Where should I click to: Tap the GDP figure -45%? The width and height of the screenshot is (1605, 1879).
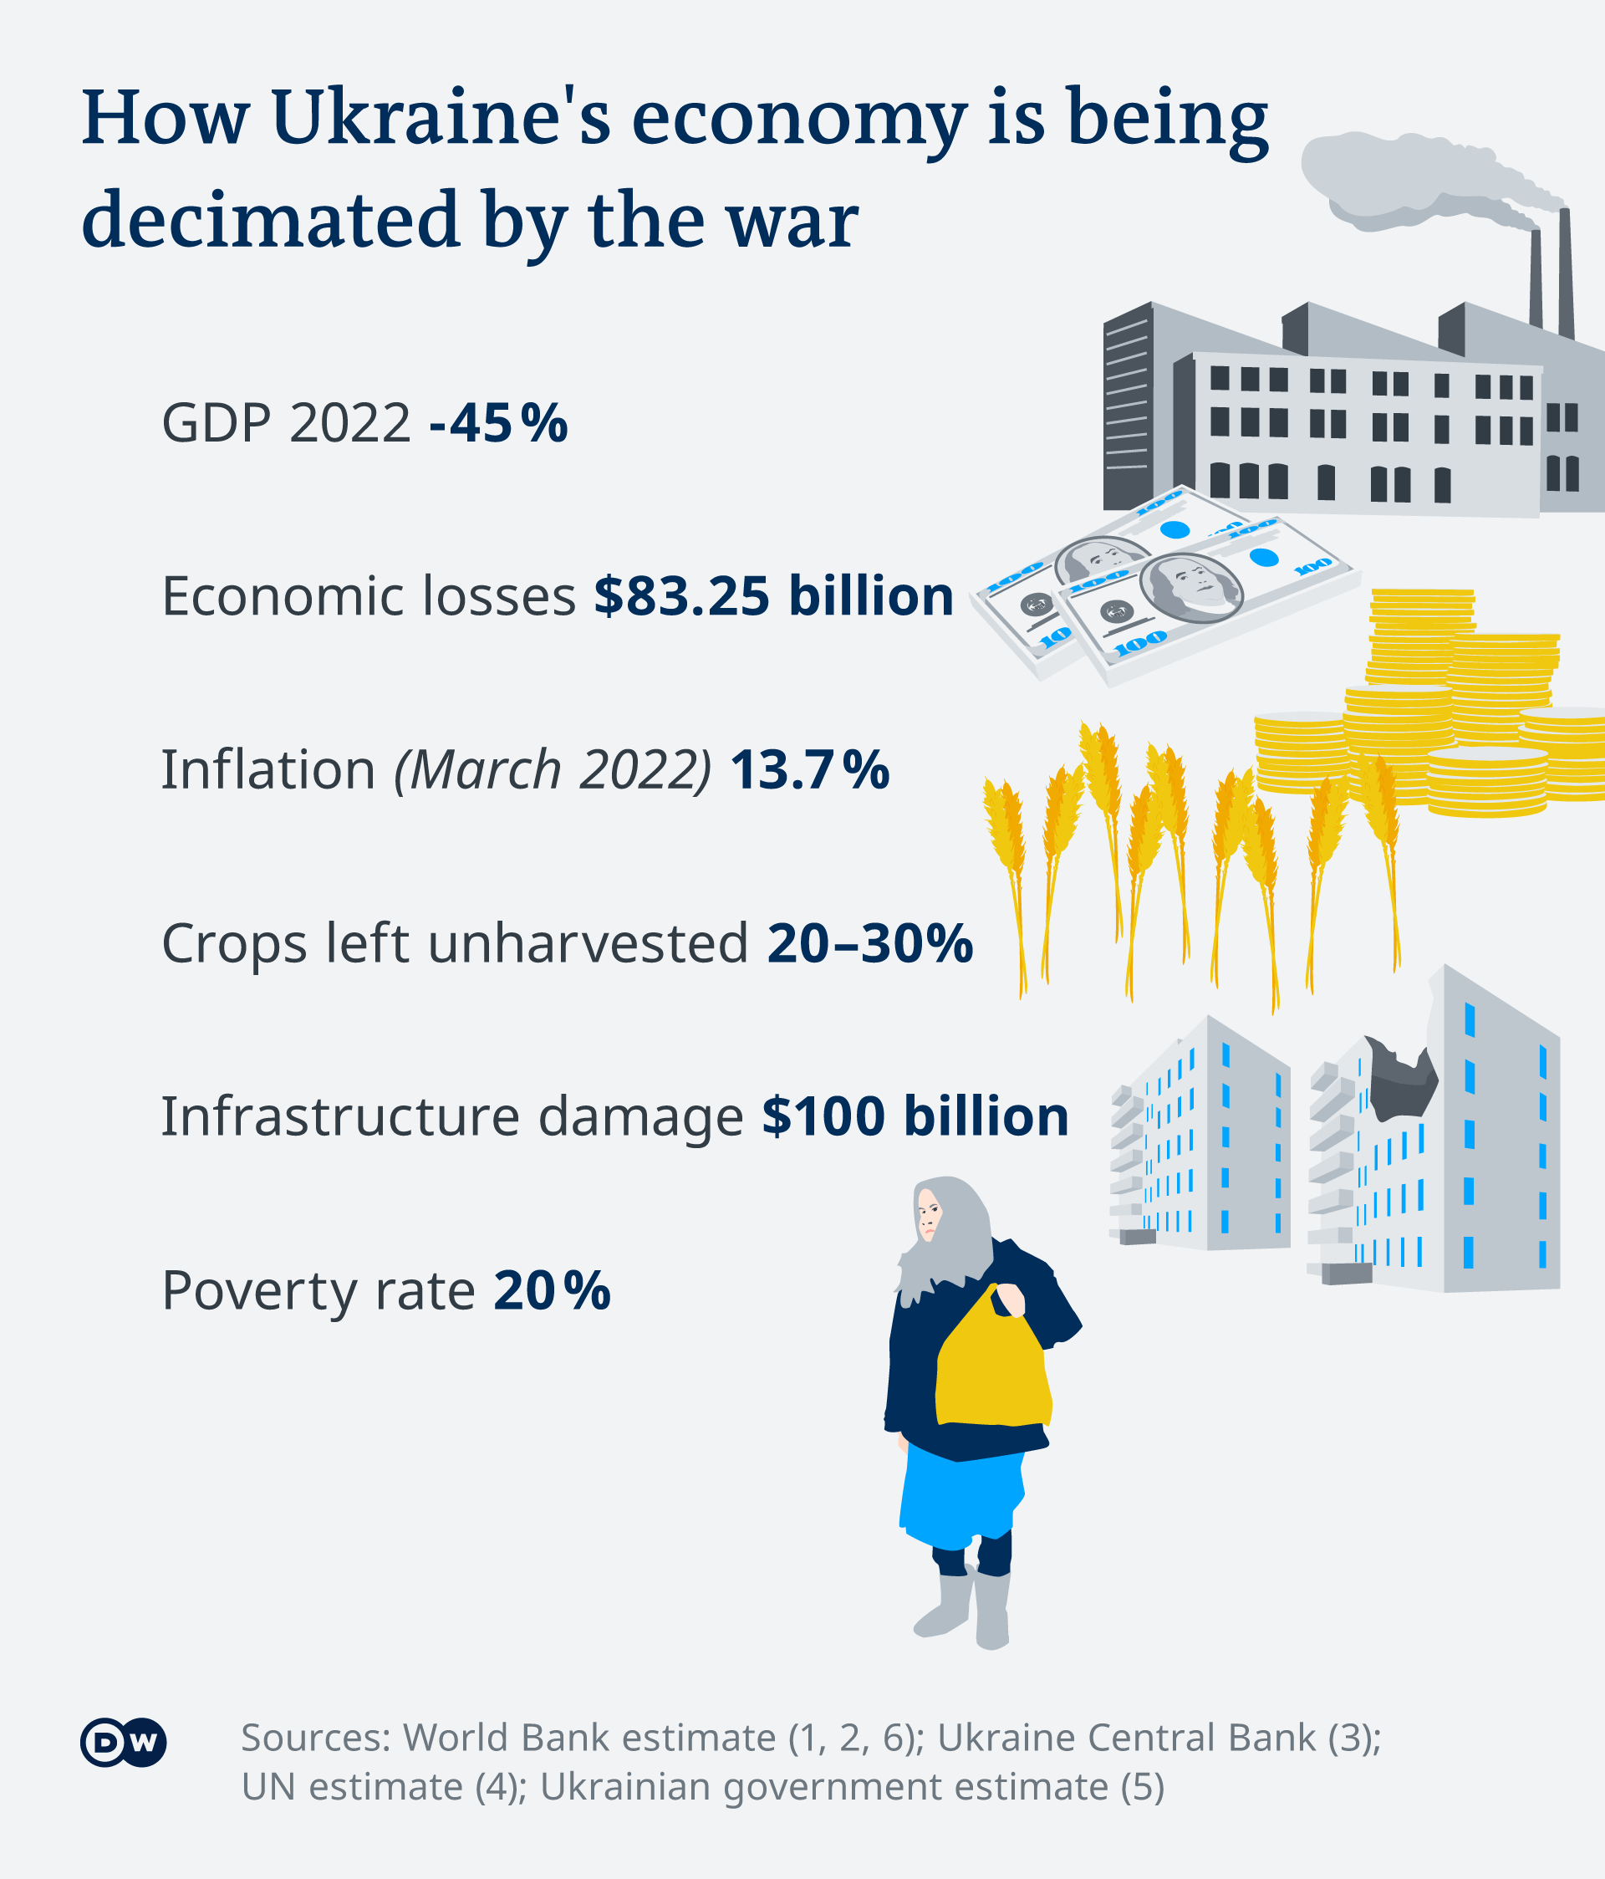click(x=499, y=422)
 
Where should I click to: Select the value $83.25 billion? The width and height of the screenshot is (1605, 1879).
click(x=773, y=595)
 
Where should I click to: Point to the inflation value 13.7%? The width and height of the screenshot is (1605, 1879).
click(x=810, y=770)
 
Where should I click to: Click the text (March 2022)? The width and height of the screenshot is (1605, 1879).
click(x=553, y=771)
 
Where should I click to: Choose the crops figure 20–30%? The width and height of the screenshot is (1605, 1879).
click(x=869, y=943)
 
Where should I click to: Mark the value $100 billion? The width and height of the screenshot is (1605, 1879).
click(x=915, y=1116)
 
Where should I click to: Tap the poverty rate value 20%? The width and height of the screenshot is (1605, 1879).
click(x=553, y=1290)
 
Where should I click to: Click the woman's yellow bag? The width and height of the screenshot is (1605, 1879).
click(x=993, y=1361)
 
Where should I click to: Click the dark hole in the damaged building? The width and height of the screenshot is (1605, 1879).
click(x=1401, y=1080)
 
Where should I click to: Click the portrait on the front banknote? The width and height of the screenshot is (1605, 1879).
click(x=1191, y=589)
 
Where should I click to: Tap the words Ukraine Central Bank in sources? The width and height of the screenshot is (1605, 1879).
click(x=1126, y=1738)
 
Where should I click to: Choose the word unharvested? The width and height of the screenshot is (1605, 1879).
click(x=588, y=943)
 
